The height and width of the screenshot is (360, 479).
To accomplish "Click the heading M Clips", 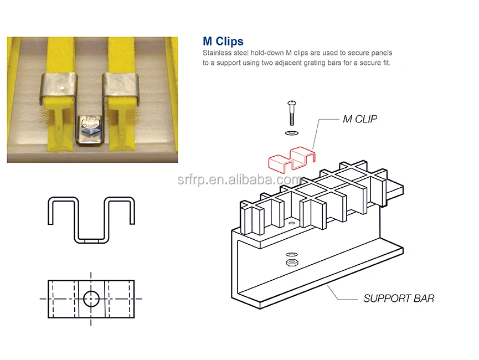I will pyautogui.click(x=223, y=42).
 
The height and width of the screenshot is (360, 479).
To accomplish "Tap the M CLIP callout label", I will pyautogui.click(x=360, y=119).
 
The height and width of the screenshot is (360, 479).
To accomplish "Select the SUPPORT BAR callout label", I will pyautogui.click(x=399, y=299).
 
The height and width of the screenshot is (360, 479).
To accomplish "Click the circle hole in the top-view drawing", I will pyautogui.click(x=91, y=299).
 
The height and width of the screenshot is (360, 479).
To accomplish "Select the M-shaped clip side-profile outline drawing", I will pyautogui.click(x=91, y=219).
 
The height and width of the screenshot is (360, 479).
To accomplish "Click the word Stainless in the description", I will pyautogui.click(x=217, y=53).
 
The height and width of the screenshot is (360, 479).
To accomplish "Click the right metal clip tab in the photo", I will pyautogui.click(x=121, y=87).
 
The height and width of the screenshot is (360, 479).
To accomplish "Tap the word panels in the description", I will pyautogui.click(x=380, y=53).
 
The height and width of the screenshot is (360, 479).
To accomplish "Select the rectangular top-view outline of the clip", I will pyautogui.click(x=91, y=299).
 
